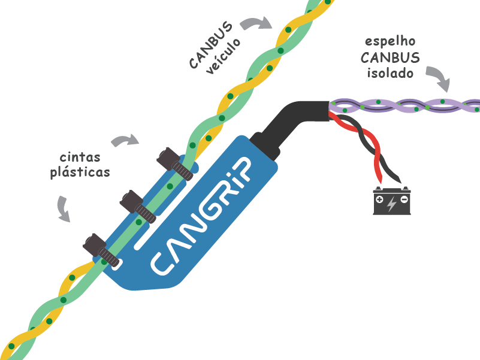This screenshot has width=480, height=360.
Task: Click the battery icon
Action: [x=391, y=201]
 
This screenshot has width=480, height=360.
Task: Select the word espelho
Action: [x=389, y=43]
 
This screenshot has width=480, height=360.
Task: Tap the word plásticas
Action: [x=80, y=172]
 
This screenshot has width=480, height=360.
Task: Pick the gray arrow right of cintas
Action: [x=125, y=141]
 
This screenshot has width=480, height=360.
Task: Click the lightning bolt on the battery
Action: [x=391, y=204]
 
